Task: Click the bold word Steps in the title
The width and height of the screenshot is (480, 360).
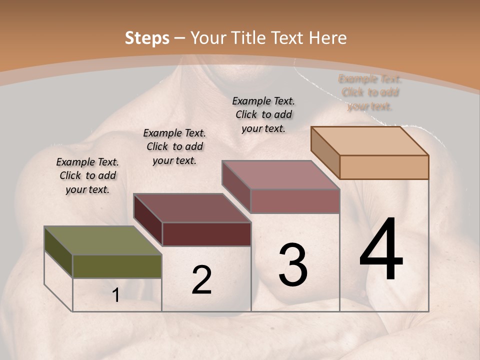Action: coord(147,38)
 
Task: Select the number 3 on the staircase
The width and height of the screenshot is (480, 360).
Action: coord(292,265)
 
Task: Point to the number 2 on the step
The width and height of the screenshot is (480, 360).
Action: coord(201,280)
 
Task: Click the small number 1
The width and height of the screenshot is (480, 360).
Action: coord(115,295)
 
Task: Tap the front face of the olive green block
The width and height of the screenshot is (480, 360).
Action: coord(117,266)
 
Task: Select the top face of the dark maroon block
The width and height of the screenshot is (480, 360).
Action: coord(192,208)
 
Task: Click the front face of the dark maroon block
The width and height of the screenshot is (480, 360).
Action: coord(206,234)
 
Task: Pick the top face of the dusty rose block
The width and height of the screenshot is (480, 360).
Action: coord(281,175)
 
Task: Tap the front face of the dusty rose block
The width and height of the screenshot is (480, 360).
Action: coord(295,201)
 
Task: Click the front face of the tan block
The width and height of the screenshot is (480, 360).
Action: coord(384,167)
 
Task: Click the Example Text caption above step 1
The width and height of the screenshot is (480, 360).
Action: coord(87,175)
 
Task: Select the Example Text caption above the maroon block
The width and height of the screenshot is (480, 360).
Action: coord(174,146)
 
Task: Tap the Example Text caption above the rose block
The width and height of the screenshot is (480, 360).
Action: coord(263,114)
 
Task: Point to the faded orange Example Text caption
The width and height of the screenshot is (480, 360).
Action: coord(370,92)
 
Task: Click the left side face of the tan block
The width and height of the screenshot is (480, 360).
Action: coord(325,152)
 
